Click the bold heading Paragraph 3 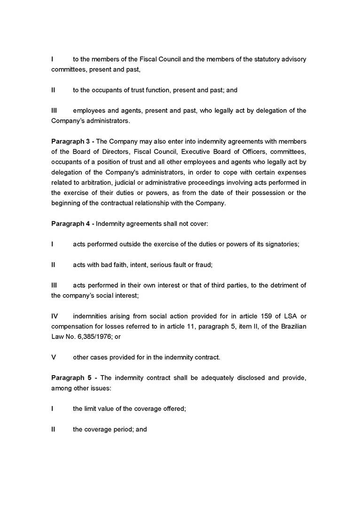(71, 141)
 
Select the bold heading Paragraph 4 (71, 224)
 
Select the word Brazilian (292, 326)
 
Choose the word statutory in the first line (268, 59)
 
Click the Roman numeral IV (55, 316)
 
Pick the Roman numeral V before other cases (54, 357)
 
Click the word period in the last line (119, 429)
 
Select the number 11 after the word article (190, 326)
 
